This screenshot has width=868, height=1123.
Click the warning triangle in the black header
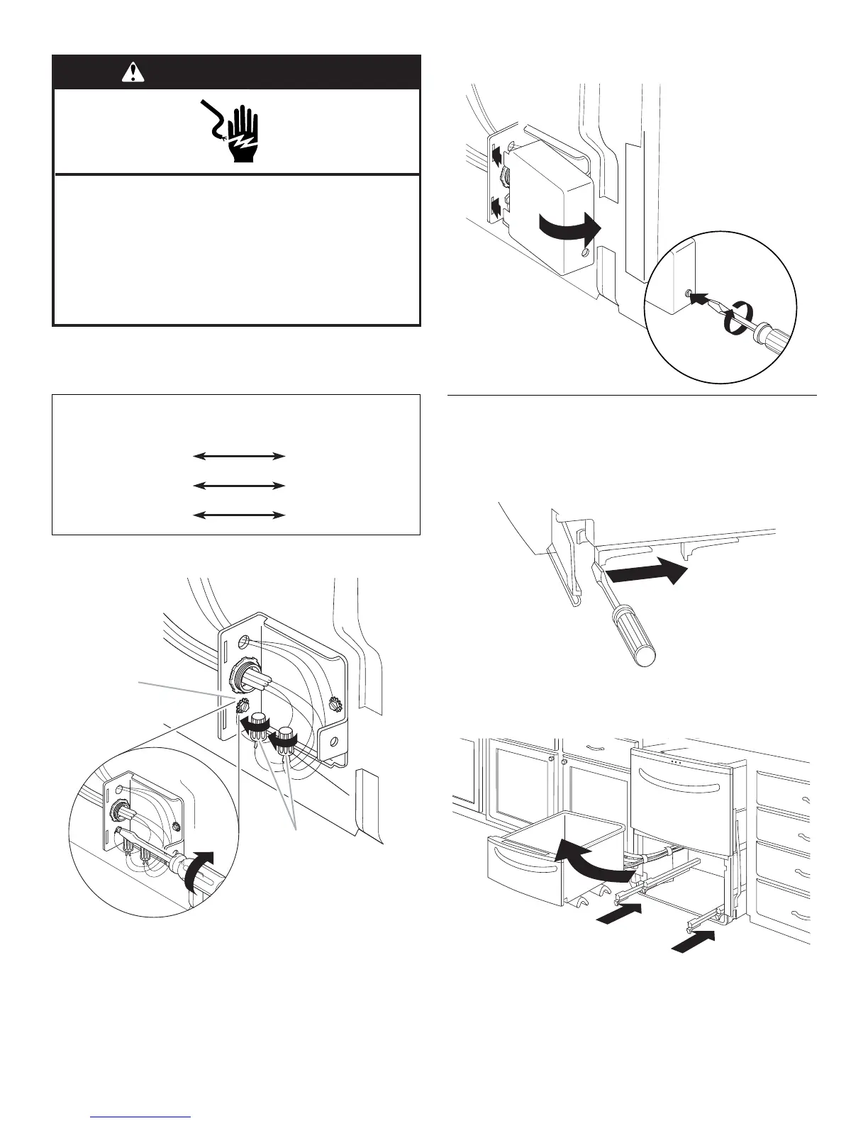point(133,72)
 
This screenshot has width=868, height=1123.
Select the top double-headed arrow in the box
point(239,457)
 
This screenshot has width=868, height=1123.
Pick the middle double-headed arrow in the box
point(239,486)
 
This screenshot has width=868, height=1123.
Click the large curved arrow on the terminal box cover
point(569,227)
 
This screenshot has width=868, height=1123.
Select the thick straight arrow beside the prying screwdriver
point(647,572)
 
